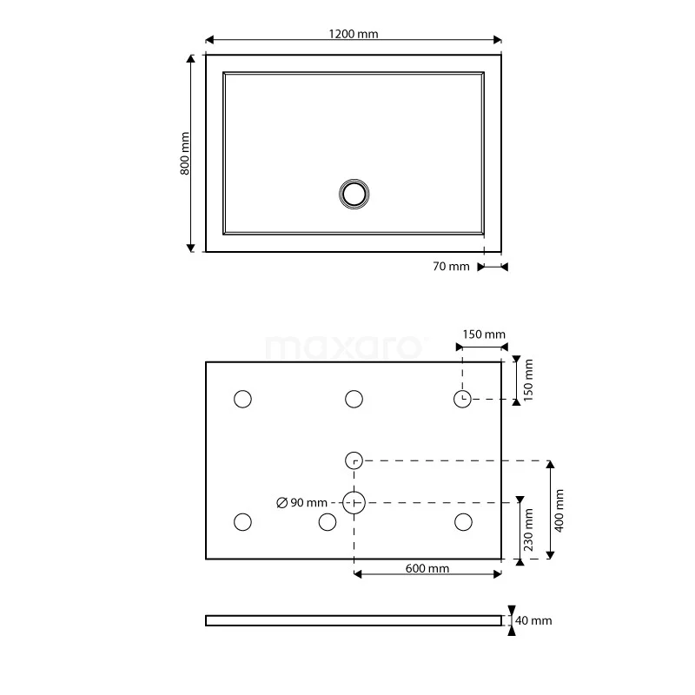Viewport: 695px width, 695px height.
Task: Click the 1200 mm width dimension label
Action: pos(354,34)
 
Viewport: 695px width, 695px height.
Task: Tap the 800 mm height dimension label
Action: pos(184,154)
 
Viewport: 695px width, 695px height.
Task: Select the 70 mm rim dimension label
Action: pos(451,267)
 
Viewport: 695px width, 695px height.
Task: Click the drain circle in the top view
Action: pos(354,193)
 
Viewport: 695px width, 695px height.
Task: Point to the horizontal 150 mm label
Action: pos(483,334)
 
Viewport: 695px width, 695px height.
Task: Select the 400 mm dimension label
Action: pos(559,510)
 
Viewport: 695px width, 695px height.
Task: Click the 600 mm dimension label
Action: pos(427,569)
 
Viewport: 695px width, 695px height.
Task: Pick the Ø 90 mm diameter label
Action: pos(301,503)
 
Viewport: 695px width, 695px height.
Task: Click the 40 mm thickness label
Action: pos(533,620)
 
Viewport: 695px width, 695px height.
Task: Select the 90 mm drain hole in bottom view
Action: pos(354,502)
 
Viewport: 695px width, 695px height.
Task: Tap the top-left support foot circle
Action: pos(242,399)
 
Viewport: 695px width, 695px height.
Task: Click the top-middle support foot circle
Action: pos(354,399)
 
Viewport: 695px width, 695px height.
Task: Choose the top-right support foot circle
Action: pos(463,399)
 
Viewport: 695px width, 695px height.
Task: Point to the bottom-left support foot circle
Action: pos(242,522)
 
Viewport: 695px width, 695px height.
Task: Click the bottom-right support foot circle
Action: pos(463,522)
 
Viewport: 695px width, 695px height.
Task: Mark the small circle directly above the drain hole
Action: pos(354,460)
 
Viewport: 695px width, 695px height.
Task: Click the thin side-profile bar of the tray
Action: pos(354,620)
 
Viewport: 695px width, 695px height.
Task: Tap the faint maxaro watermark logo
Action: pos(346,347)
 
